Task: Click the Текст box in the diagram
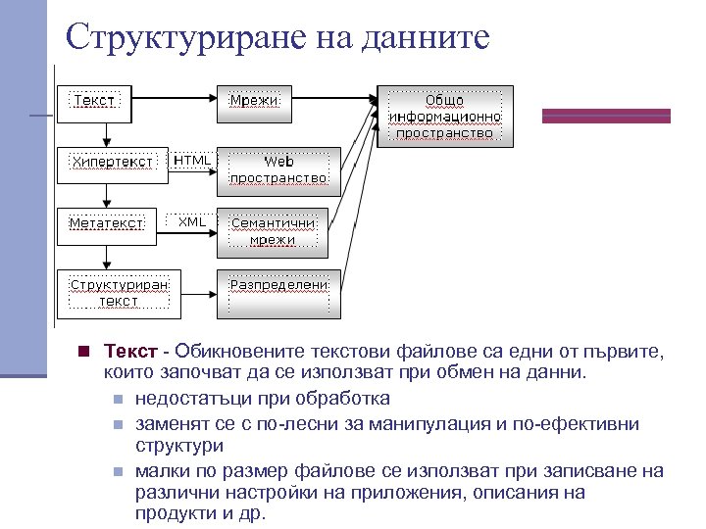(x=93, y=101)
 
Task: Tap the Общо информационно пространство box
(x=445, y=117)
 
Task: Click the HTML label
(x=192, y=160)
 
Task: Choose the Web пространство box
(x=278, y=169)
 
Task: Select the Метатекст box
(x=106, y=222)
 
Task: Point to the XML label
(x=192, y=221)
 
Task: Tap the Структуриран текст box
(x=119, y=292)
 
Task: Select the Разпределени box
(x=278, y=292)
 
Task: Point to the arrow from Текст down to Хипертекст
(x=111, y=135)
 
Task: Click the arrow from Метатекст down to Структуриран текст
(x=111, y=255)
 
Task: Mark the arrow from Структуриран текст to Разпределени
(x=198, y=290)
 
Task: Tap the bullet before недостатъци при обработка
(x=117, y=399)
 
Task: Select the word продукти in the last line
(x=172, y=513)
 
